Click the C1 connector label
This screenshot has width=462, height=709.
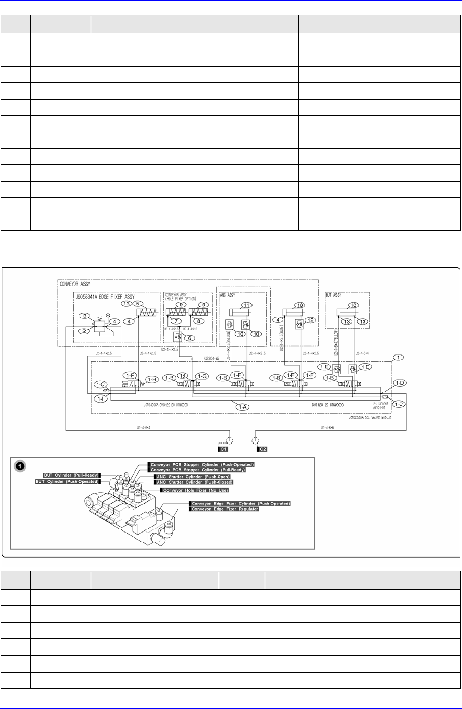point(223,448)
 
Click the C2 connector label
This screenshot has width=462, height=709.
point(263,448)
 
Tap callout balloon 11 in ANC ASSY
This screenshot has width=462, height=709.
point(246,305)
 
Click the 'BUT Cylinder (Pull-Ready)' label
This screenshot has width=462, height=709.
point(72,475)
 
